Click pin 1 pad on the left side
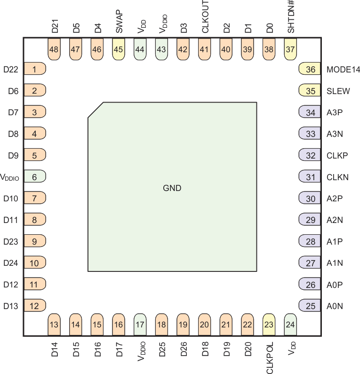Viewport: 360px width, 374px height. (34, 69)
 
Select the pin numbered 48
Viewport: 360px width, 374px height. (55, 49)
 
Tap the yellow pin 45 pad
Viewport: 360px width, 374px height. (119, 49)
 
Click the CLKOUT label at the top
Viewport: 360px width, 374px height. (205, 16)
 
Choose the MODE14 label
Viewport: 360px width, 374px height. (343, 70)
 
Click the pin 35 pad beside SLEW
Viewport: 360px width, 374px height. (310, 91)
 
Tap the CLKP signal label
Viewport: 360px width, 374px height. (337, 155)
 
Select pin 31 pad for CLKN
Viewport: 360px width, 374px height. (310, 177)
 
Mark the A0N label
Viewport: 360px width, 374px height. (335, 306)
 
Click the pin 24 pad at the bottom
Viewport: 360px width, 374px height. (291, 324)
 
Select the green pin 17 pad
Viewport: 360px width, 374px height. (140, 324)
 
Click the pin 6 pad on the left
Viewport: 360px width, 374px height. (34, 177)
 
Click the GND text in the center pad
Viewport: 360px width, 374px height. (172, 188)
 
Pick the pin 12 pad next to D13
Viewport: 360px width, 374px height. (34, 306)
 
